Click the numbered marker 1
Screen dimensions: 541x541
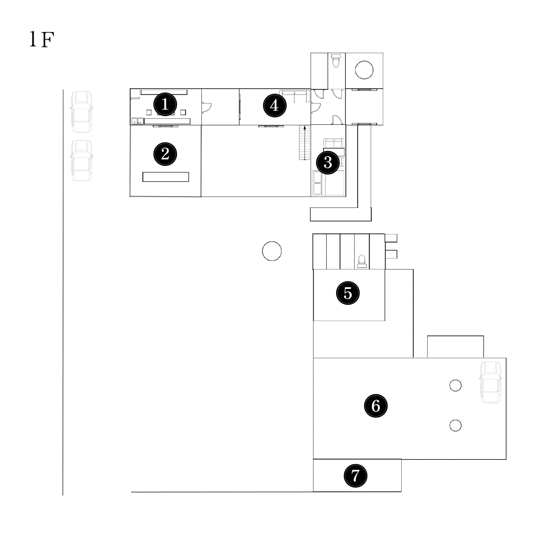165,105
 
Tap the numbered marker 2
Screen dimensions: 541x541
165,154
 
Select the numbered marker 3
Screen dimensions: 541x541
328,163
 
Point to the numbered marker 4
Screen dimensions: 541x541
274,106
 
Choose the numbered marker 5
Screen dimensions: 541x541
348,293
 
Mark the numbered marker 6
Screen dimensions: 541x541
376,406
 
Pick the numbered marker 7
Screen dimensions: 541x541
355,475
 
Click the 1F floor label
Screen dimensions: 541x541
41,40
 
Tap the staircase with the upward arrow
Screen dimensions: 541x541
305,143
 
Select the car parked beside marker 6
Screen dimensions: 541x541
491,382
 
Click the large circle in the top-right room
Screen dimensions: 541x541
364,70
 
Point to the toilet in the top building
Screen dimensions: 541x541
336,60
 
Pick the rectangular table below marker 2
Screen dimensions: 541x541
165,177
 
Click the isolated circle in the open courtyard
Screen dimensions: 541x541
272,251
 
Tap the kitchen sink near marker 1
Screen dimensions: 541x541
137,121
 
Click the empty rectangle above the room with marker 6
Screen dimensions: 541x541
455,347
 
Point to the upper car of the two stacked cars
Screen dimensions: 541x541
81,112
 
